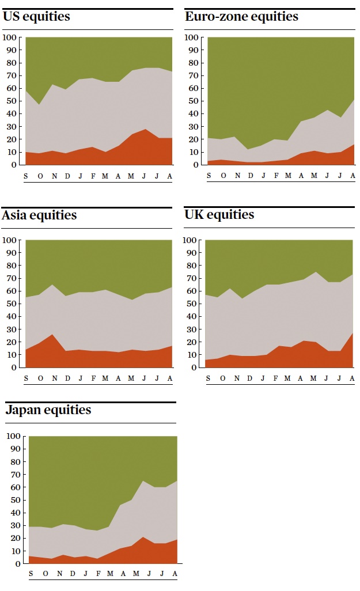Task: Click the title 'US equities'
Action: click(x=36, y=17)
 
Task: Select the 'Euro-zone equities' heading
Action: click(x=241, y=17)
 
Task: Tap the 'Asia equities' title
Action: click(x=39, y=215)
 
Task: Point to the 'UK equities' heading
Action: click(x=219, y=215)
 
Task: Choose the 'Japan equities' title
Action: click(x=48, y=410)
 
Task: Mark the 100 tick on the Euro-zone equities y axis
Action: click(x=193, y=37)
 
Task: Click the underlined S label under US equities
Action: click(x=25, y=175)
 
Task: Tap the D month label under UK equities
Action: click(x=249, y=378)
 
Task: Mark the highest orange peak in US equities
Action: click(x=145, y=130)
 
